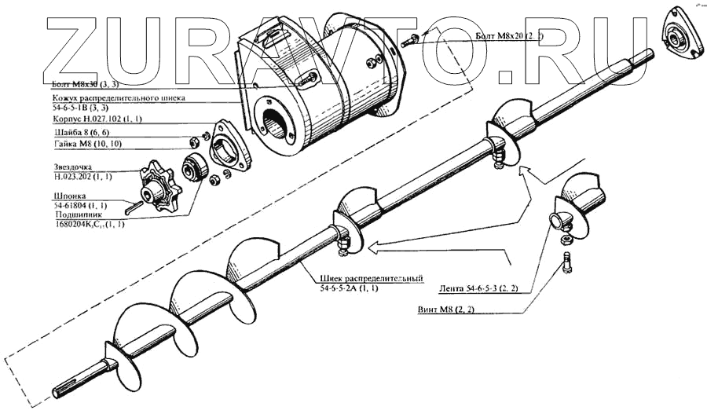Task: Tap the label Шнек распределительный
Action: [372, 280]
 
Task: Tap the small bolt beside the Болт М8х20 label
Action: [410, 36]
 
